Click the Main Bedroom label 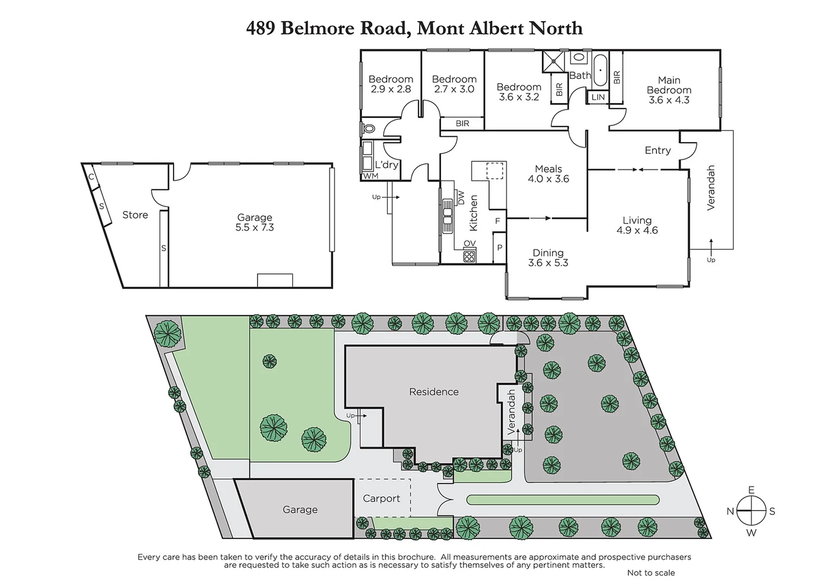click(x=669, y=85)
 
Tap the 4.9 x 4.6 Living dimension click(x=637, y=231)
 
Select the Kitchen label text click(x=473, y=213)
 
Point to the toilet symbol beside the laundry click(x=369, y=129)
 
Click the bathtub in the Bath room click(x=600, y=71)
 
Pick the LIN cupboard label click(x=597, y=98)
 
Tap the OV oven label click(x=470, y=244)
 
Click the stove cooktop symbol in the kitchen click(x=470, y=256)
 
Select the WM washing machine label click(x=370, y=176)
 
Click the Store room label click(x=135, y=215)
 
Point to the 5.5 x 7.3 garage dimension click(x=254, y=228)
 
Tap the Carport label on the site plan click(x=381, y=499)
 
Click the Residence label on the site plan click(x=434, y=392)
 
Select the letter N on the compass click(x=730, y=512)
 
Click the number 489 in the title click(x=260, y=28)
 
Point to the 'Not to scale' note click(x=651, y=573)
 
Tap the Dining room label click(x=548, y=253)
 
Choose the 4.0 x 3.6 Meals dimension click(x=548, y=179)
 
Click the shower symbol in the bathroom click(x=554, y=61)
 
